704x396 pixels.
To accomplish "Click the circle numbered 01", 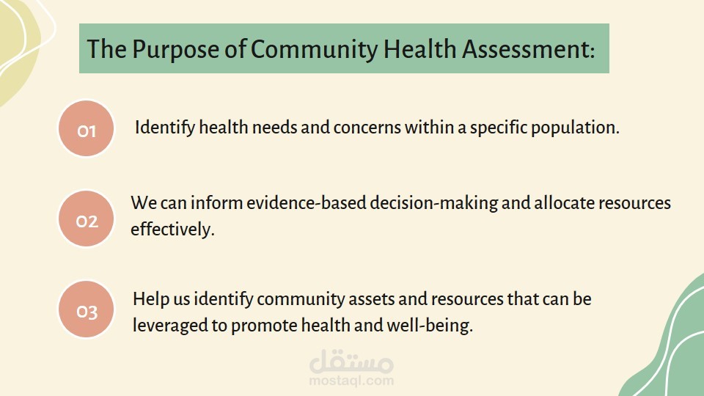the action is point(87,128).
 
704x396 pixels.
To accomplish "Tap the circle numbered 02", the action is point(87,219).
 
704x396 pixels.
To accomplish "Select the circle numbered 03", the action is point(87,309).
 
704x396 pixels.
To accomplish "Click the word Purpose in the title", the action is point(175,50).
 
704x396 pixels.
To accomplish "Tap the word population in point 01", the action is point(575,128).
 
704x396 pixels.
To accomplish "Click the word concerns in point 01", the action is point(367,128).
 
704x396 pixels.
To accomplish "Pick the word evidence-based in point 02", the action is point(307,203).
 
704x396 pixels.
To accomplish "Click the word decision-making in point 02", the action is point(433,203).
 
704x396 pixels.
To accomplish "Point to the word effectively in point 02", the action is point(172,230).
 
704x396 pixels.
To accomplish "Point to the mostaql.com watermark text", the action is point(351,381).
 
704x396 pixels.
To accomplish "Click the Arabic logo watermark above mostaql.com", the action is point(351,361).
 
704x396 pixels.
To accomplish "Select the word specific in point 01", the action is point(499,128).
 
